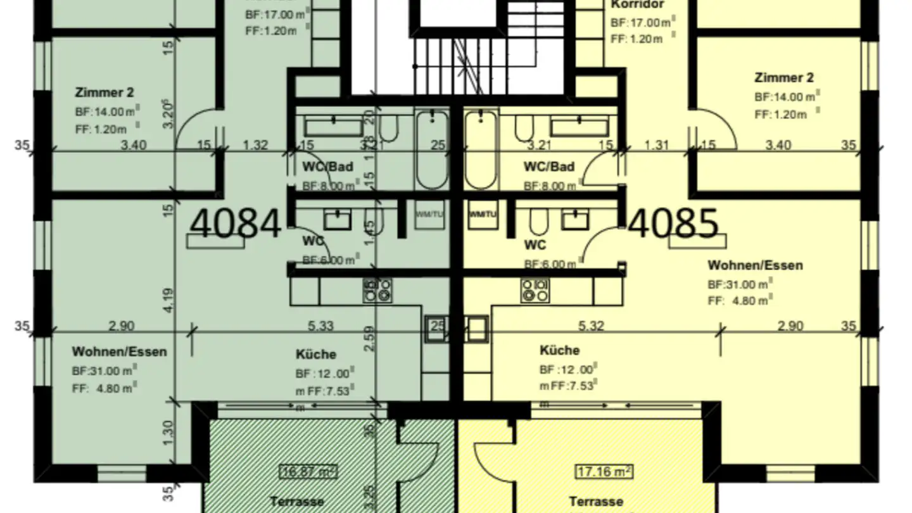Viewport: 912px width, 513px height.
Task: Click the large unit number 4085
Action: [x=674, y=224]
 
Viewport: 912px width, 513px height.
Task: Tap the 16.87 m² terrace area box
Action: [x=308, y=471]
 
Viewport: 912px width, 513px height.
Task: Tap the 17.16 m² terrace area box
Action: [x=604, y=471]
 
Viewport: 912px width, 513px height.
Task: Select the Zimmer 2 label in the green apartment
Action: [x=104, y=92]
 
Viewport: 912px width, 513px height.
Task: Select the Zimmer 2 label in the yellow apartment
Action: [x=783, y=78]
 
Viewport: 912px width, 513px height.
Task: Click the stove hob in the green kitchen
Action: [x=377, y=290]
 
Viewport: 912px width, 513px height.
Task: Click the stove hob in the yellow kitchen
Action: [x=535, y=290]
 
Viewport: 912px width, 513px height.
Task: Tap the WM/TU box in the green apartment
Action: [x=429, y=214]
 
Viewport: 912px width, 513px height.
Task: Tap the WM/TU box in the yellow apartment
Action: [x=483, y=214]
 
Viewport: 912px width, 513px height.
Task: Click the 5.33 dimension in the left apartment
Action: [x=320, y=326]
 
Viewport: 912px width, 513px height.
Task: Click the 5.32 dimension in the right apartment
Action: [x=590, y=326]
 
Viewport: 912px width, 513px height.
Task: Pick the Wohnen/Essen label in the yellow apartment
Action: [x=754, y=265]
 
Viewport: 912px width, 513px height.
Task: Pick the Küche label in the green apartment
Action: [x=315, y=355]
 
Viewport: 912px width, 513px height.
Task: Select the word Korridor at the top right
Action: [x=637, y=5]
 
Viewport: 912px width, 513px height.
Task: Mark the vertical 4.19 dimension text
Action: [x=168, y=300]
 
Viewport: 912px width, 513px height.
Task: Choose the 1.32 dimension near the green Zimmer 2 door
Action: [x=255, y=145]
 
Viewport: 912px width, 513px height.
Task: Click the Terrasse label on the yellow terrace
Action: [x=595, y=502]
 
